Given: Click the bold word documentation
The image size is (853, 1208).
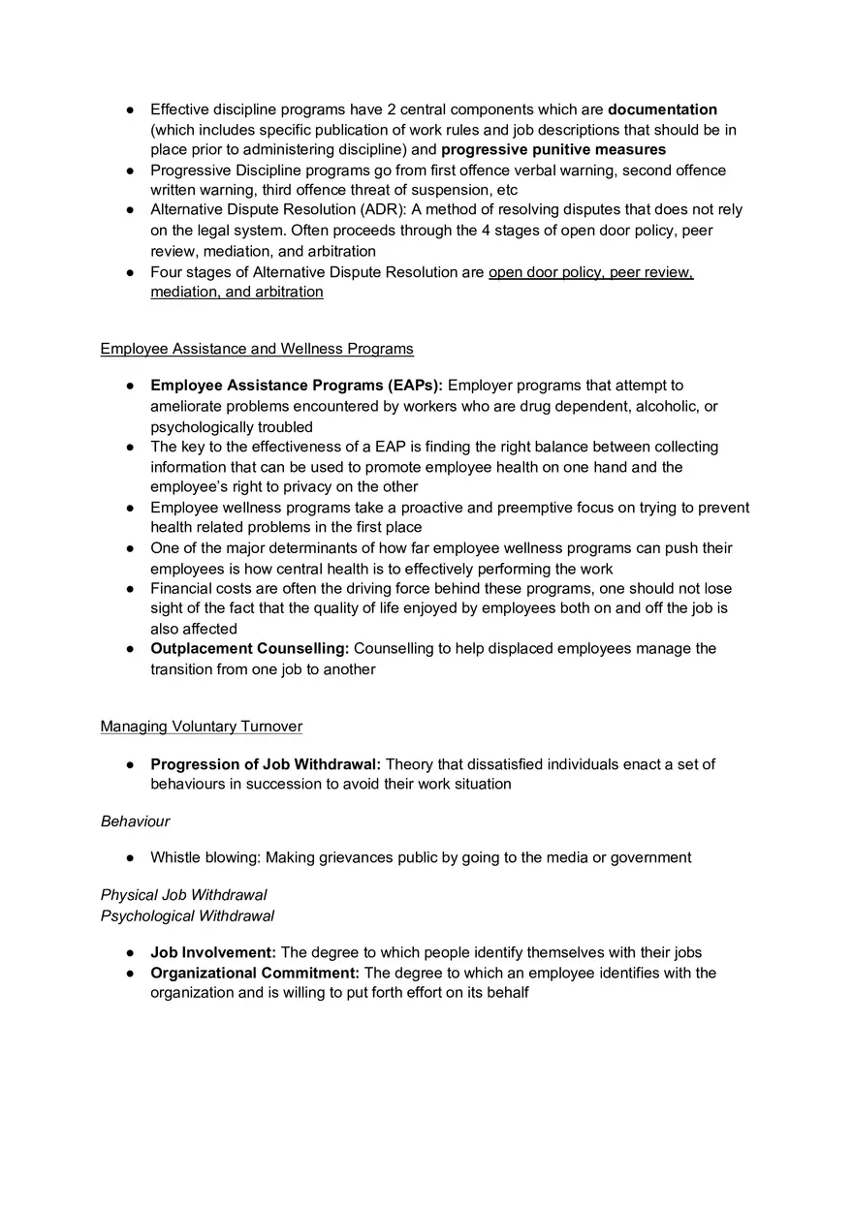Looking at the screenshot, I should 662,109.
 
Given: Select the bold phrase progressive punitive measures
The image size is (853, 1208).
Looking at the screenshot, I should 553,149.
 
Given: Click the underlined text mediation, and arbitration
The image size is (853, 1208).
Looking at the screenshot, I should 237,292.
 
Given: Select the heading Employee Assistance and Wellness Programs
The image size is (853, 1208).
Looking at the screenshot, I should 257,349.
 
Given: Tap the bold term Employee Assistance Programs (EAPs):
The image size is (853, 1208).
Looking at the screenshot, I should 296,386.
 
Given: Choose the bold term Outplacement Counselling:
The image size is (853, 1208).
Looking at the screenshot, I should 249,648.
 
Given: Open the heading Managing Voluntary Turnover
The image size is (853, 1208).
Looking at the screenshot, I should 202,727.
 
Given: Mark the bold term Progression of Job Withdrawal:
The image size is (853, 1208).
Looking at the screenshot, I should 266,764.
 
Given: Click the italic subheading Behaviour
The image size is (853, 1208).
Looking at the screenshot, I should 135,821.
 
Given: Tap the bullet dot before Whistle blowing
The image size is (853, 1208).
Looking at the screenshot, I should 129,858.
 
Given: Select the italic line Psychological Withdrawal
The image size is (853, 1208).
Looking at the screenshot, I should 187,915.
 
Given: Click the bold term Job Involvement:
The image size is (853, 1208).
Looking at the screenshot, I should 213,952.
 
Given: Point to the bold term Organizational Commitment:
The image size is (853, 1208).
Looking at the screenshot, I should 255,973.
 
